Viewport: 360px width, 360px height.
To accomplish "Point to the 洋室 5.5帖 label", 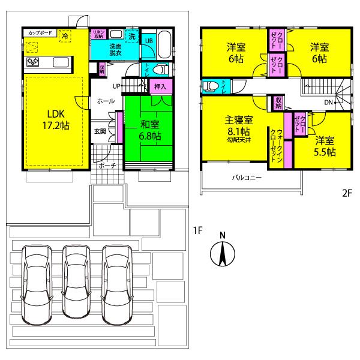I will (324, 146).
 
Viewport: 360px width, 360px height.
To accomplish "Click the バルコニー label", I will (247, 178).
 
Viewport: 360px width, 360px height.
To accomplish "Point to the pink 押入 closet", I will (160, 87).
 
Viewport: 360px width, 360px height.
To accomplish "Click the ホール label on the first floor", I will (106, 102).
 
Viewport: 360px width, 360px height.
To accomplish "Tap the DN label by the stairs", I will (328, 103).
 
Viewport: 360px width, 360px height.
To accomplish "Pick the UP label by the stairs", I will (115, 86).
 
